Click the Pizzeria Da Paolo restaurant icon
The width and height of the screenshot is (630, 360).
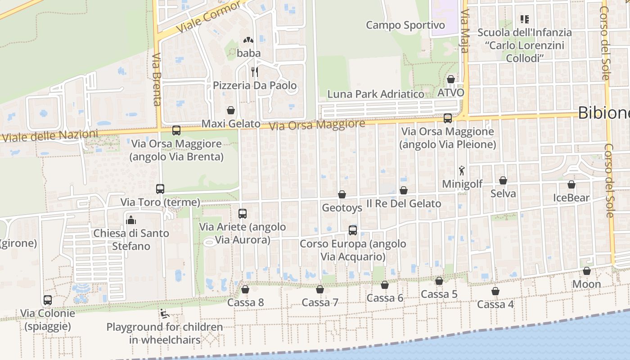tap(254, 72)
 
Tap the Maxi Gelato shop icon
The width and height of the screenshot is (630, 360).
tap(231, 110)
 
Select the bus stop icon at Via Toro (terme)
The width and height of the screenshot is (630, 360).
tap(160, 189)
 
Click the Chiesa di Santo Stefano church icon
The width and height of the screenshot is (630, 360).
tap(131, 220)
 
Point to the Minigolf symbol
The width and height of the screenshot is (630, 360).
tap(462, 171)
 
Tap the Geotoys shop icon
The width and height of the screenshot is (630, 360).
tap(342, 194)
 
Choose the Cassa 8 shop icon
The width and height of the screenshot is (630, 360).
tap(245, 289)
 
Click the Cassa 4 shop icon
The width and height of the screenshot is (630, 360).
tap(495, 291)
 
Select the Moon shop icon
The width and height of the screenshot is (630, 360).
tap(586, 271)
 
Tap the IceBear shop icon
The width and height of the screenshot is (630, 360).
tap(571, 184)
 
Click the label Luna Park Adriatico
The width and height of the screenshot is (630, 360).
tap(376, 94)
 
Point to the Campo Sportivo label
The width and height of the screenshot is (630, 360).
tap(405, 25)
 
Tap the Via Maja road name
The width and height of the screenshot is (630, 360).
tap(465, 32)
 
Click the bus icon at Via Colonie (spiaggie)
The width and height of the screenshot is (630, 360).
tap(48, 300)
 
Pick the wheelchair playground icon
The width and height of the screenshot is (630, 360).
tap(164, 314)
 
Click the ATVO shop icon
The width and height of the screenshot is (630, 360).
tap(451, 79)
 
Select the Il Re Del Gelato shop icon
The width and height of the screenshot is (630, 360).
tap(404, 190)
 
